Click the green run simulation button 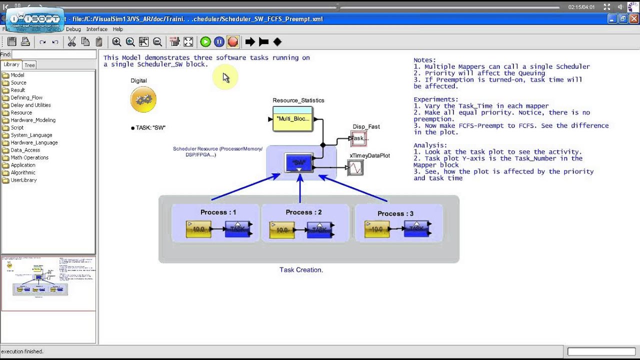(205, 42)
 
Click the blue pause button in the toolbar (219, 42)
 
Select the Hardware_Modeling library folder (33, 120)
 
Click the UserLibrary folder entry (23, 180)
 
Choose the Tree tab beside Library (30, 65)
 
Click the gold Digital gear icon (143, 99)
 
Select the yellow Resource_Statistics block (293, 119)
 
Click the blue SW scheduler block (298, 163)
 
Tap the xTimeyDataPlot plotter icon (355, 168)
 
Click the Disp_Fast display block (358, 138)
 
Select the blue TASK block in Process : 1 (237, 229)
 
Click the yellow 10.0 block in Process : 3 (377, 229)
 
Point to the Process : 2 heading (303, 212)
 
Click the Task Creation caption (301, 270)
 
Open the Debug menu (73, 29)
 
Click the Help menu (117, 29)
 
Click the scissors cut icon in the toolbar (71, 42)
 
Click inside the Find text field (54, 54)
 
